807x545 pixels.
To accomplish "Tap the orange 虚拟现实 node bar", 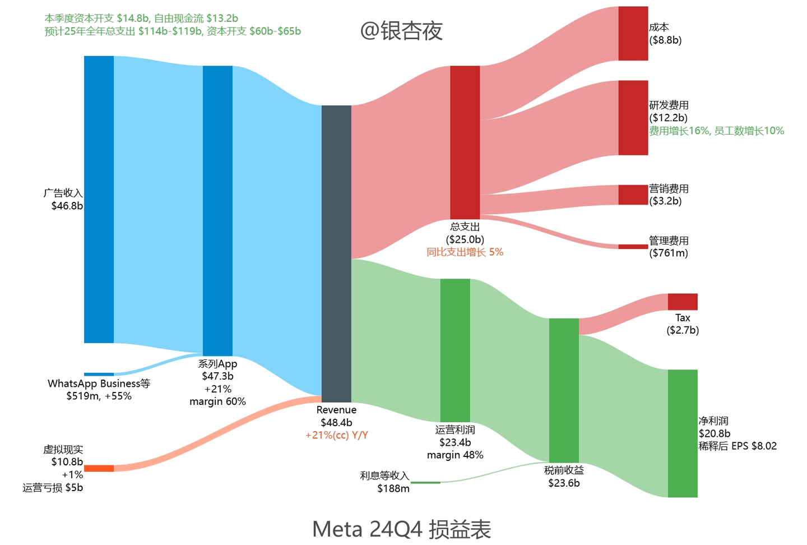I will click(x=99, y=468).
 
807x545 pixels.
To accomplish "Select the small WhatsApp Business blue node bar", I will click(x=99, y=374).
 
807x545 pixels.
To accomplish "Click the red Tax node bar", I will click(x=682, y=302).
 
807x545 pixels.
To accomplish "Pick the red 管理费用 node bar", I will click(x=633, y=247).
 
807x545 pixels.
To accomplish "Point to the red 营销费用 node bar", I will click(x=633, y=195).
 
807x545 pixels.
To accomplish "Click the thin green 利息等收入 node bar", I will click(x=425, y=482).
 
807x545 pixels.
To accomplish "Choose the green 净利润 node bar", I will click(x=682, y=433).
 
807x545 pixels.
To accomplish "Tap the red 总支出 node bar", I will click(x=465, y=142).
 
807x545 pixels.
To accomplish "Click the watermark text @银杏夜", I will click(x=401, y=31).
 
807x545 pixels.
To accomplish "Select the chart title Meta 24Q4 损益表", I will click(x=401, y=529).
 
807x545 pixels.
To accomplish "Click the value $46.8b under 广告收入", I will click(x=67, y=206).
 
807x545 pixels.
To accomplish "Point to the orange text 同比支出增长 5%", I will click(x=465, y=252).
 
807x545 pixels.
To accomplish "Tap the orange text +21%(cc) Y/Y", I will click(x=336, y=435).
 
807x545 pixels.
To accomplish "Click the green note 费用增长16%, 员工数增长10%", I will click(x=716, y=131).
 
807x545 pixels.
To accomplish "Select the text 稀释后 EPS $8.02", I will click(x=738, y=446).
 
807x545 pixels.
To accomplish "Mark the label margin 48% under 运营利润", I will click(x=455, y=455).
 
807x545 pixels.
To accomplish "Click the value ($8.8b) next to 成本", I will click(x=665, y=40).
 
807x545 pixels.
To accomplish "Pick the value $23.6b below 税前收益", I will click(x=564, y=483).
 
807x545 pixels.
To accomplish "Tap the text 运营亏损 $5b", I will click(x=53, y=488).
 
